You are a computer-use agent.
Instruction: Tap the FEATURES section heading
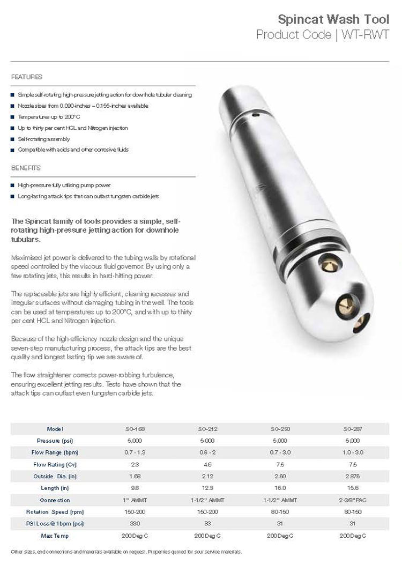(x=27, y=77)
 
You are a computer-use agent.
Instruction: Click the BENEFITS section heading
(x=26, y=168)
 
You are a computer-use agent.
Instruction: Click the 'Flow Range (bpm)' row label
(x=56, y=452)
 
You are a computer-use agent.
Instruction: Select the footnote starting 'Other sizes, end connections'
(x=126, y=552)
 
